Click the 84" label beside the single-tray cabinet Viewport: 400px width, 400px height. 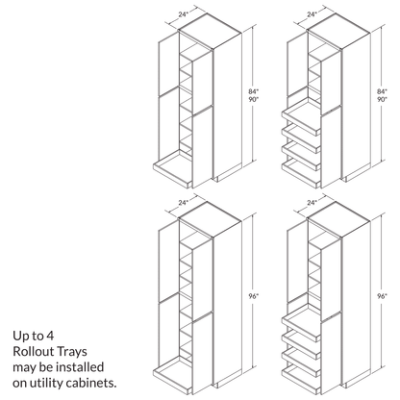tap(253, 89)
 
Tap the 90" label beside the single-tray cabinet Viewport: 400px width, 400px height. tap(253, 100)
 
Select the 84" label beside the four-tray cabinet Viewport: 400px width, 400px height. tap(383, 89)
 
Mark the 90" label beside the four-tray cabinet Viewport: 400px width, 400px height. tap(383, 100)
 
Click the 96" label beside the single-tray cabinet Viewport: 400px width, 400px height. tap(253, 296)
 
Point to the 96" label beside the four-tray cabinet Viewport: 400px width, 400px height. tap(383, 296)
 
